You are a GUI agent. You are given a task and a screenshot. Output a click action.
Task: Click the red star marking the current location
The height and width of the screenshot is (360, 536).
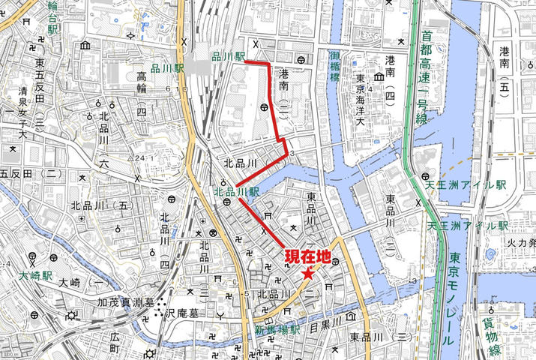point(308,274)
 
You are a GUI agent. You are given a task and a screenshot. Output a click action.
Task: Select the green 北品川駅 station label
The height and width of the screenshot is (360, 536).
point(236,192)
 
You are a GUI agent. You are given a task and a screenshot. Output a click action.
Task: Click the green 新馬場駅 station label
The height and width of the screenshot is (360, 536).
point(277,330)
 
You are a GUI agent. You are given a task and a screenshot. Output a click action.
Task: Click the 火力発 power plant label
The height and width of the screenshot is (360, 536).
point(519,242)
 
